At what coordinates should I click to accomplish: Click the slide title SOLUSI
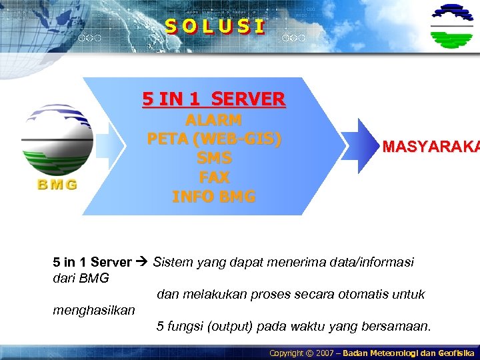click(215, 27)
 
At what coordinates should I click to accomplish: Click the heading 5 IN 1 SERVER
click(213, 99)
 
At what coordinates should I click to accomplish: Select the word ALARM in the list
click(213, 121)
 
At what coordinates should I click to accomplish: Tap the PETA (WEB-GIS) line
click(213, 140)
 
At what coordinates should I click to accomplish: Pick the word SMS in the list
click(213, 159)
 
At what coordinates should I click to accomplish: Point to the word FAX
click(213, 177)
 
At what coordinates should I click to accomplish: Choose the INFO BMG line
click(213, 197)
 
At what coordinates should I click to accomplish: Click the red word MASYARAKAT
click(430, 147)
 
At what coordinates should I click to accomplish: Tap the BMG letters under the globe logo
click(57, 185)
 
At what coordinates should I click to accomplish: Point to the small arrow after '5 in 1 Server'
click(142, 262)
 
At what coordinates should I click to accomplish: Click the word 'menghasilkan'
click(93, 310)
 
